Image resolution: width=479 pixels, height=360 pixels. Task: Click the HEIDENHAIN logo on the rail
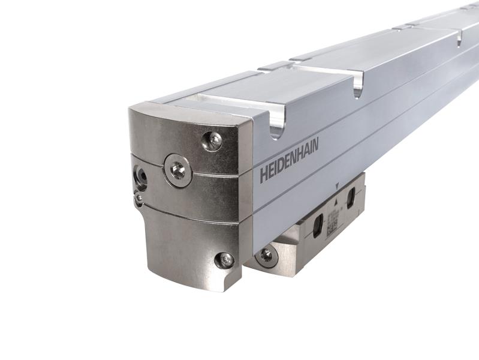(289, 160)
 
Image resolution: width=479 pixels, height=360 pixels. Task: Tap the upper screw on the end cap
(212, 140)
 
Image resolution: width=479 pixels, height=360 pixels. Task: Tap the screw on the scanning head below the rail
(266, 255)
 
